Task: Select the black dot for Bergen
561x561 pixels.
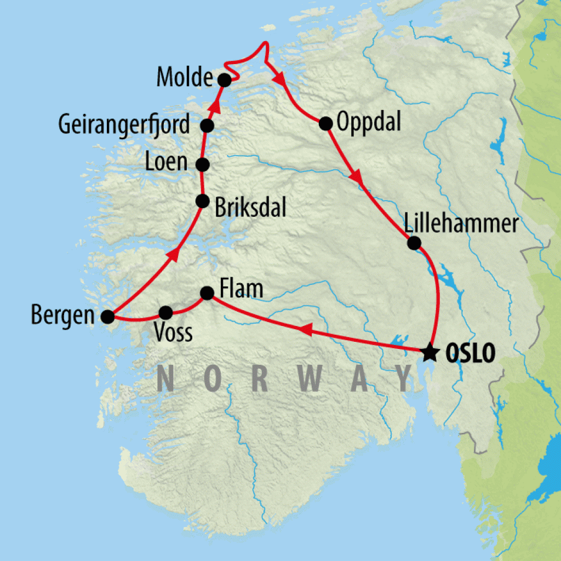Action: point(108,316)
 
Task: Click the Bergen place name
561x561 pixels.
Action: point(62,317)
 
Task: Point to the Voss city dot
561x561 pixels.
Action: point(165,312)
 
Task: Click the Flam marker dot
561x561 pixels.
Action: point(207,293)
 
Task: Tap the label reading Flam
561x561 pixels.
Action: point(241,289)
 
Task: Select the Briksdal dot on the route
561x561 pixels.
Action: point(203,201)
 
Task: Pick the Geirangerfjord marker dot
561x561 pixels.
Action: point(207,125)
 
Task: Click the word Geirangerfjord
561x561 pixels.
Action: point(124,125)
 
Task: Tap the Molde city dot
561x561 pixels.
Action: point(224,80)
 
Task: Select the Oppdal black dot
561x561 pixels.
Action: point(325,123)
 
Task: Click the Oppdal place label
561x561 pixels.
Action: point(369,122)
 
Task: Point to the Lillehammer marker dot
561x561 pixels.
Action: point(414,242)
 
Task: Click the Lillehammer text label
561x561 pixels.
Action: point(461,224)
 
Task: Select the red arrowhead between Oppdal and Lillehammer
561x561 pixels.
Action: point(357,178)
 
